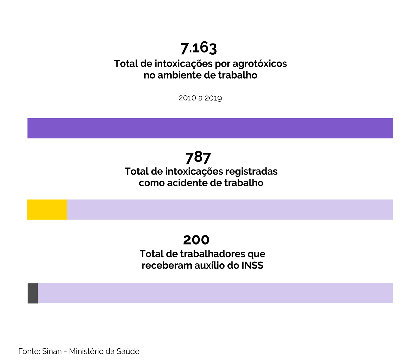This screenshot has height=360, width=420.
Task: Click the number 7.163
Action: point(199,48)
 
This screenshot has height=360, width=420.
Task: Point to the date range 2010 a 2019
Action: point(200,98)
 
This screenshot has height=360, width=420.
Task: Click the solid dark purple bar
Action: point(210,128)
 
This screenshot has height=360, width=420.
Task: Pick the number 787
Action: point(198,157)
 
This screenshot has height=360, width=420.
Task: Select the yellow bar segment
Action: point(47,209)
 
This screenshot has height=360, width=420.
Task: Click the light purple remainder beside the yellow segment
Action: point(230,209)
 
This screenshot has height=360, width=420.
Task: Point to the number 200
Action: point(196,240)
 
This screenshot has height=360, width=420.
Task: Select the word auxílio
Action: point(211,266)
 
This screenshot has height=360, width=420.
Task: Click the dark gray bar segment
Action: point(33,293)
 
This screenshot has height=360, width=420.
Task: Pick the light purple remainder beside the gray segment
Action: point(215,293)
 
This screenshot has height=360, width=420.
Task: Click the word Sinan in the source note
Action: point(52,351)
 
